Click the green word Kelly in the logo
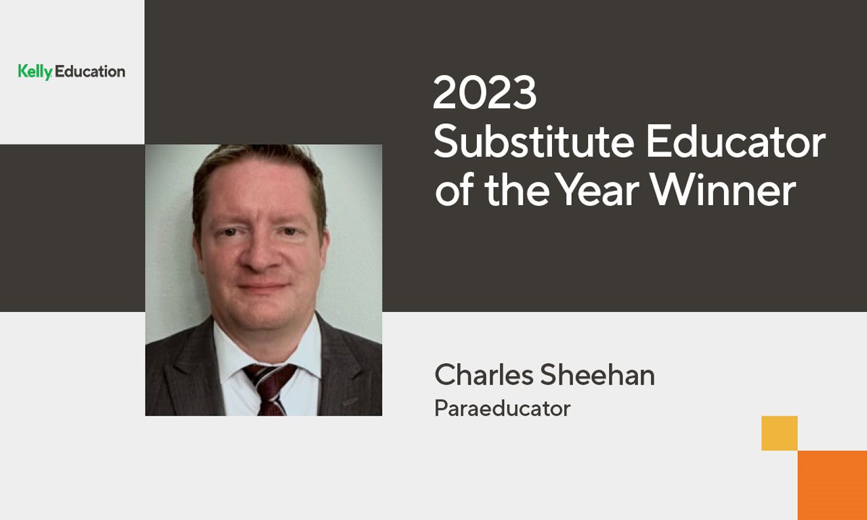pos(35,72)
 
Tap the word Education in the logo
pos(90,72)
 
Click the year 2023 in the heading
pos(484,93)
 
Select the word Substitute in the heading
pos(534,142)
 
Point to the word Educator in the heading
pos(736,142)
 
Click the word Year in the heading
pos(598,190)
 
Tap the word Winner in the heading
pos(723,190)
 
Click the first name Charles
pos(484,375)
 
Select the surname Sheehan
pos(597,375)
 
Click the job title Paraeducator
pos(503,408)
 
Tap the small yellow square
pos(779,433)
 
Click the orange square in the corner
pos(832,485)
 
